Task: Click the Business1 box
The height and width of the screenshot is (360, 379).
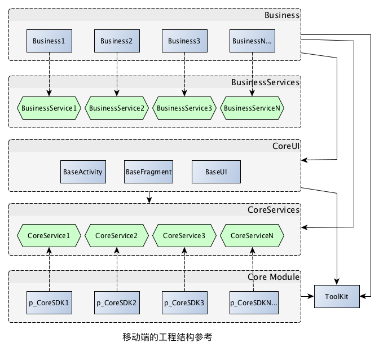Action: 49,41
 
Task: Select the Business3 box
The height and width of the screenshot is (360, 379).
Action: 184,41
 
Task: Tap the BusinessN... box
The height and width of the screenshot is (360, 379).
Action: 252,41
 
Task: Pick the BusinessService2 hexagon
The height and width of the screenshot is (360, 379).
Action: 117,107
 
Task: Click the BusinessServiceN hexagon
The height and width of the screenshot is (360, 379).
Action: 252,107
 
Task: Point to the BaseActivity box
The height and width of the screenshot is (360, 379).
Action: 83,172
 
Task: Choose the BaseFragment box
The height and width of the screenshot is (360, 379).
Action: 148,172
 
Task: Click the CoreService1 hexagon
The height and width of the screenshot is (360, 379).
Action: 49,235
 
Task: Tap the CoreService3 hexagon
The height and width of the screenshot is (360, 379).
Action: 184,235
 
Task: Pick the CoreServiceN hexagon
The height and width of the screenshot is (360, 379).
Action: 252,235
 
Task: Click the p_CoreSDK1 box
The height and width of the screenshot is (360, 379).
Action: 49,302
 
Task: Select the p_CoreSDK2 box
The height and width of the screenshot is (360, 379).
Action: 117,302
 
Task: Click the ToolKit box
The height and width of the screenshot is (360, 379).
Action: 337,296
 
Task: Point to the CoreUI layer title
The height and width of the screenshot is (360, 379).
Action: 285,146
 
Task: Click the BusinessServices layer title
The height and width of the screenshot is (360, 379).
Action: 265,82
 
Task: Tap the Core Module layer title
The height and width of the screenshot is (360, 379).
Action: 274,277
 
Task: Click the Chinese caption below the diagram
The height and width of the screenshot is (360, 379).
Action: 167,337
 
